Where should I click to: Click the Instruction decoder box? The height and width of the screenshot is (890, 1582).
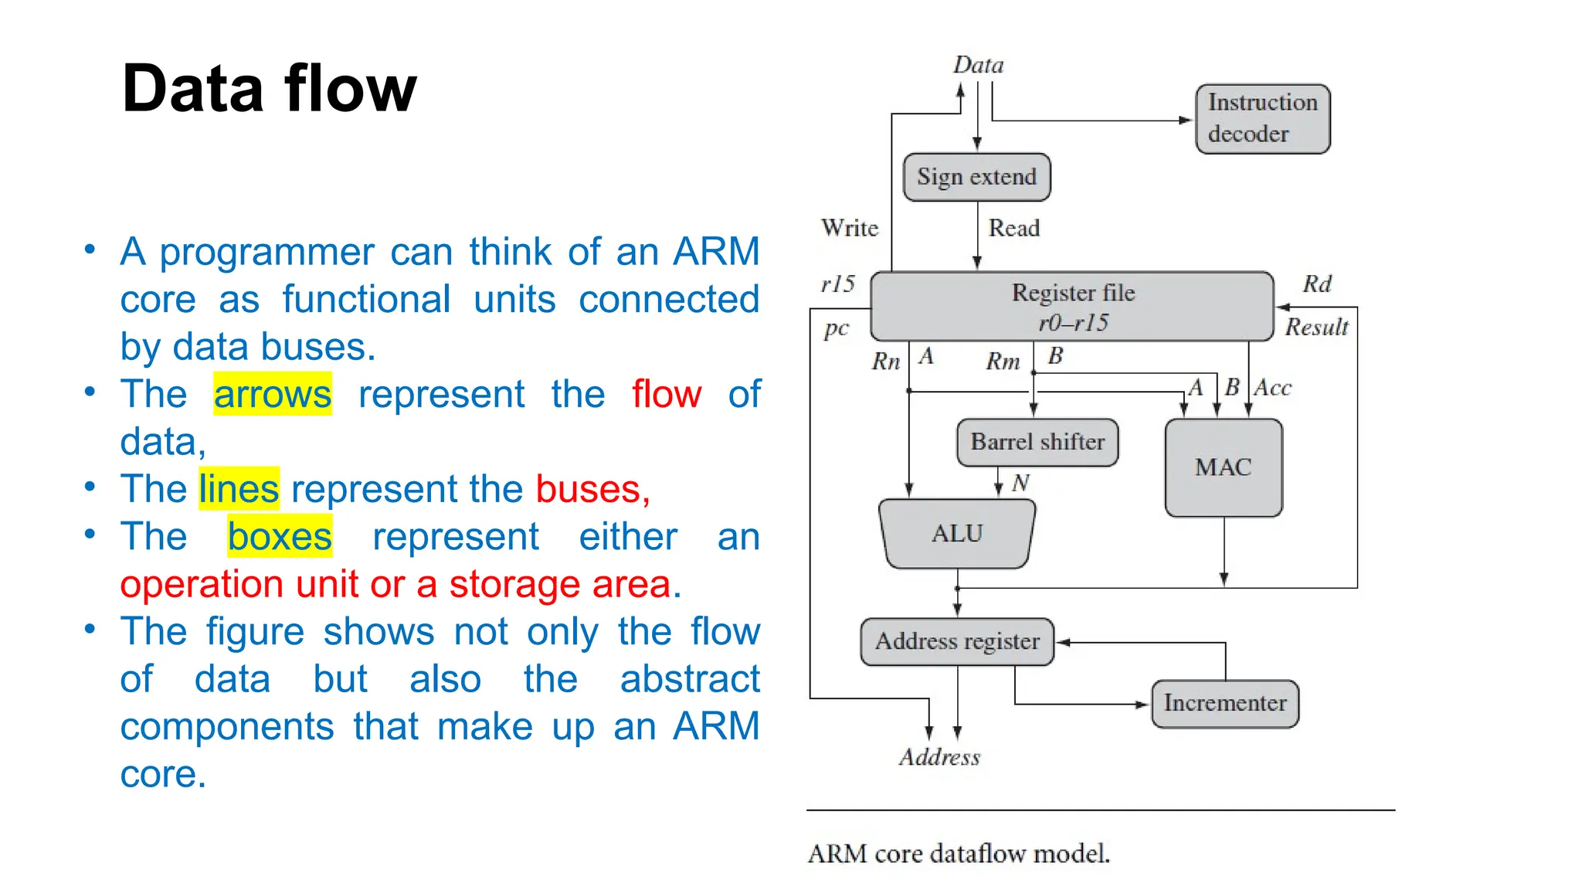click(x=1262, y=119)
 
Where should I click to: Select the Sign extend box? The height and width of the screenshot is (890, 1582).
click(x=976, y=177)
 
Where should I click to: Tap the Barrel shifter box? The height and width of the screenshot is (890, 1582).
click(x=1037, y=443)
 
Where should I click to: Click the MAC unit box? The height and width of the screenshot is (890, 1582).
click(x=1224, y=467)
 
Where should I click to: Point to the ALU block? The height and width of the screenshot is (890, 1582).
click(x=957, y=534)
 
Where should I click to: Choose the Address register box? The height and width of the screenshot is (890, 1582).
click(x=957, y=641)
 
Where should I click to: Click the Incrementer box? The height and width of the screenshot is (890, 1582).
click(x=1224, y=703)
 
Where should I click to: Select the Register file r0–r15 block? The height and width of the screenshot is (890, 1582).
click(x=1072, y=307)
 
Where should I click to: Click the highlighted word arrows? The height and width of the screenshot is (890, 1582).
click(x=272, y=394)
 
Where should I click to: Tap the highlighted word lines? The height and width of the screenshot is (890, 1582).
click(x=239, y=489)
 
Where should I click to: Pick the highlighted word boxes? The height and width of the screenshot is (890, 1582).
click(x=280, y=536)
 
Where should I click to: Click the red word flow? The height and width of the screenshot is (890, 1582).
click(x=667, y=394)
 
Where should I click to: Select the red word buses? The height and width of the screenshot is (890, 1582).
click(x=592, y=489)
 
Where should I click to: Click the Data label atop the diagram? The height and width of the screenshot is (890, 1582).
click(x=978, y=65)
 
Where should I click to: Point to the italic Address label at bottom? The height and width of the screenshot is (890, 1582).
click(x=939, y=757)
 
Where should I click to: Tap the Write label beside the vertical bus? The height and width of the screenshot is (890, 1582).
click(x=850, y=228)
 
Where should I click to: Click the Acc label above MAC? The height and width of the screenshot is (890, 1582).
click(x=1272, y=388)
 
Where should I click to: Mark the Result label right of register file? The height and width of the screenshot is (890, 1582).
click(x=1316, y=328)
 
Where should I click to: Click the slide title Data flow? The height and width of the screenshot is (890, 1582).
click(x=269, y=89)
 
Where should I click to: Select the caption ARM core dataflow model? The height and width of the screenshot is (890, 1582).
click(x=959, y=854)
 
